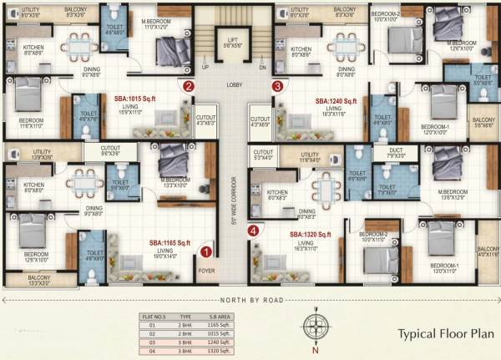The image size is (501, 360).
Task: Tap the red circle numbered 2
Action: pos(190,85)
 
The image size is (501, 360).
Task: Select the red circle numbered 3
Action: pos(276,85)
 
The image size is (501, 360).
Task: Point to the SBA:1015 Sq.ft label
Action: pos(139,98)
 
